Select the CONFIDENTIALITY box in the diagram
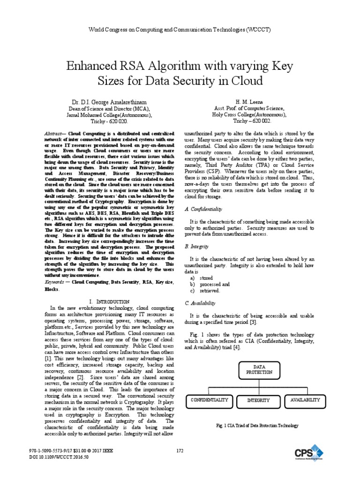[x=209, y=400]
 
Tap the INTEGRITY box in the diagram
[x=258, y=400]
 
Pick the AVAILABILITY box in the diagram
[x=305, y=400]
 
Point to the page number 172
[x=180, y=451]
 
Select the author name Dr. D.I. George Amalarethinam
[x=109, y=102]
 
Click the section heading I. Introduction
[x=109, y=300]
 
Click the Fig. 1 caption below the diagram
[x=256, y=425]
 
